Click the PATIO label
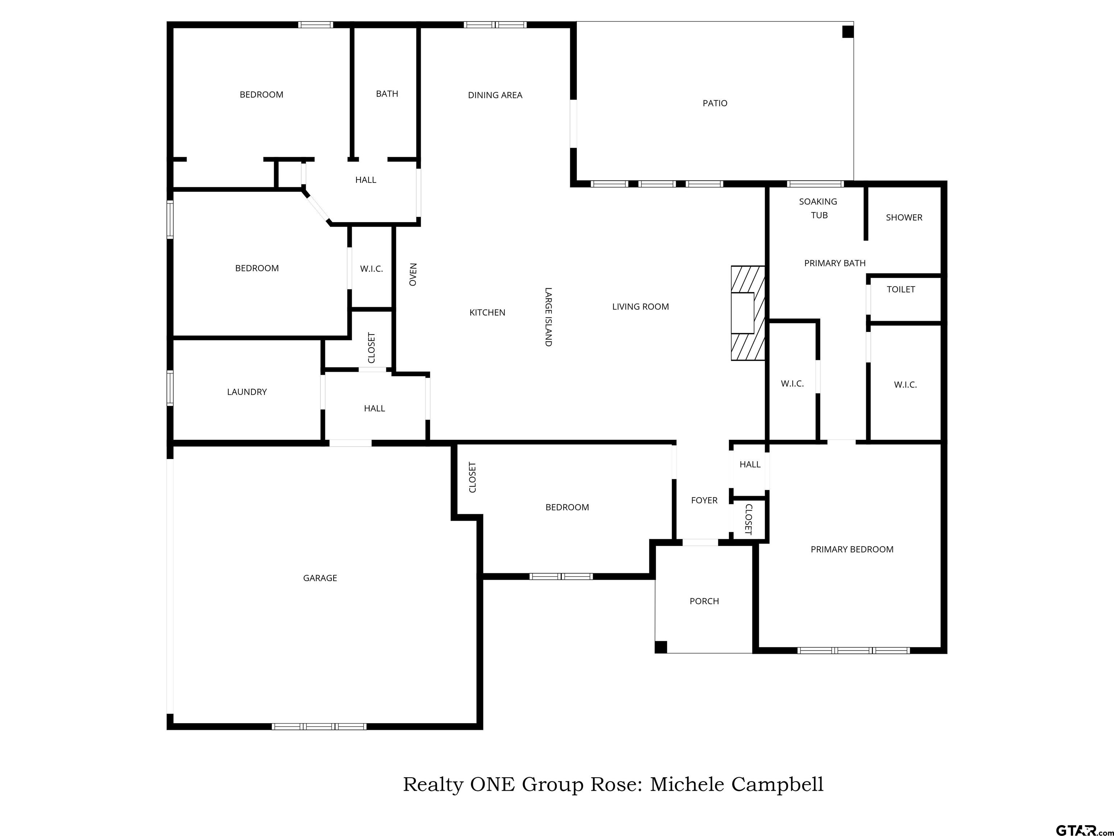[x=715, y=103]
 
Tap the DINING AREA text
[x=495, y=95]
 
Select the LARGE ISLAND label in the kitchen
[x=548, y=317]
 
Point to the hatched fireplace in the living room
[x=748, y=313]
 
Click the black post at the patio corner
[x=848, y=32]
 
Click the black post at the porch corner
[x=661, y=647]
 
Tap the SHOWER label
[x=904, y=218]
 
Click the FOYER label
[x=704, y=500]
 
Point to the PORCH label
[x=704, y=601]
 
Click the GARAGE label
[x=320, y=578]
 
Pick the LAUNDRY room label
[x=247, y=392]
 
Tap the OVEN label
[x=413, y=275]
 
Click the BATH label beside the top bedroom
[x=387, y=94]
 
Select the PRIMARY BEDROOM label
[x=851, y=550]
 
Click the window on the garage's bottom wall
[x=319, y=726]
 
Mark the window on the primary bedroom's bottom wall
[x=854, y=651]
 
